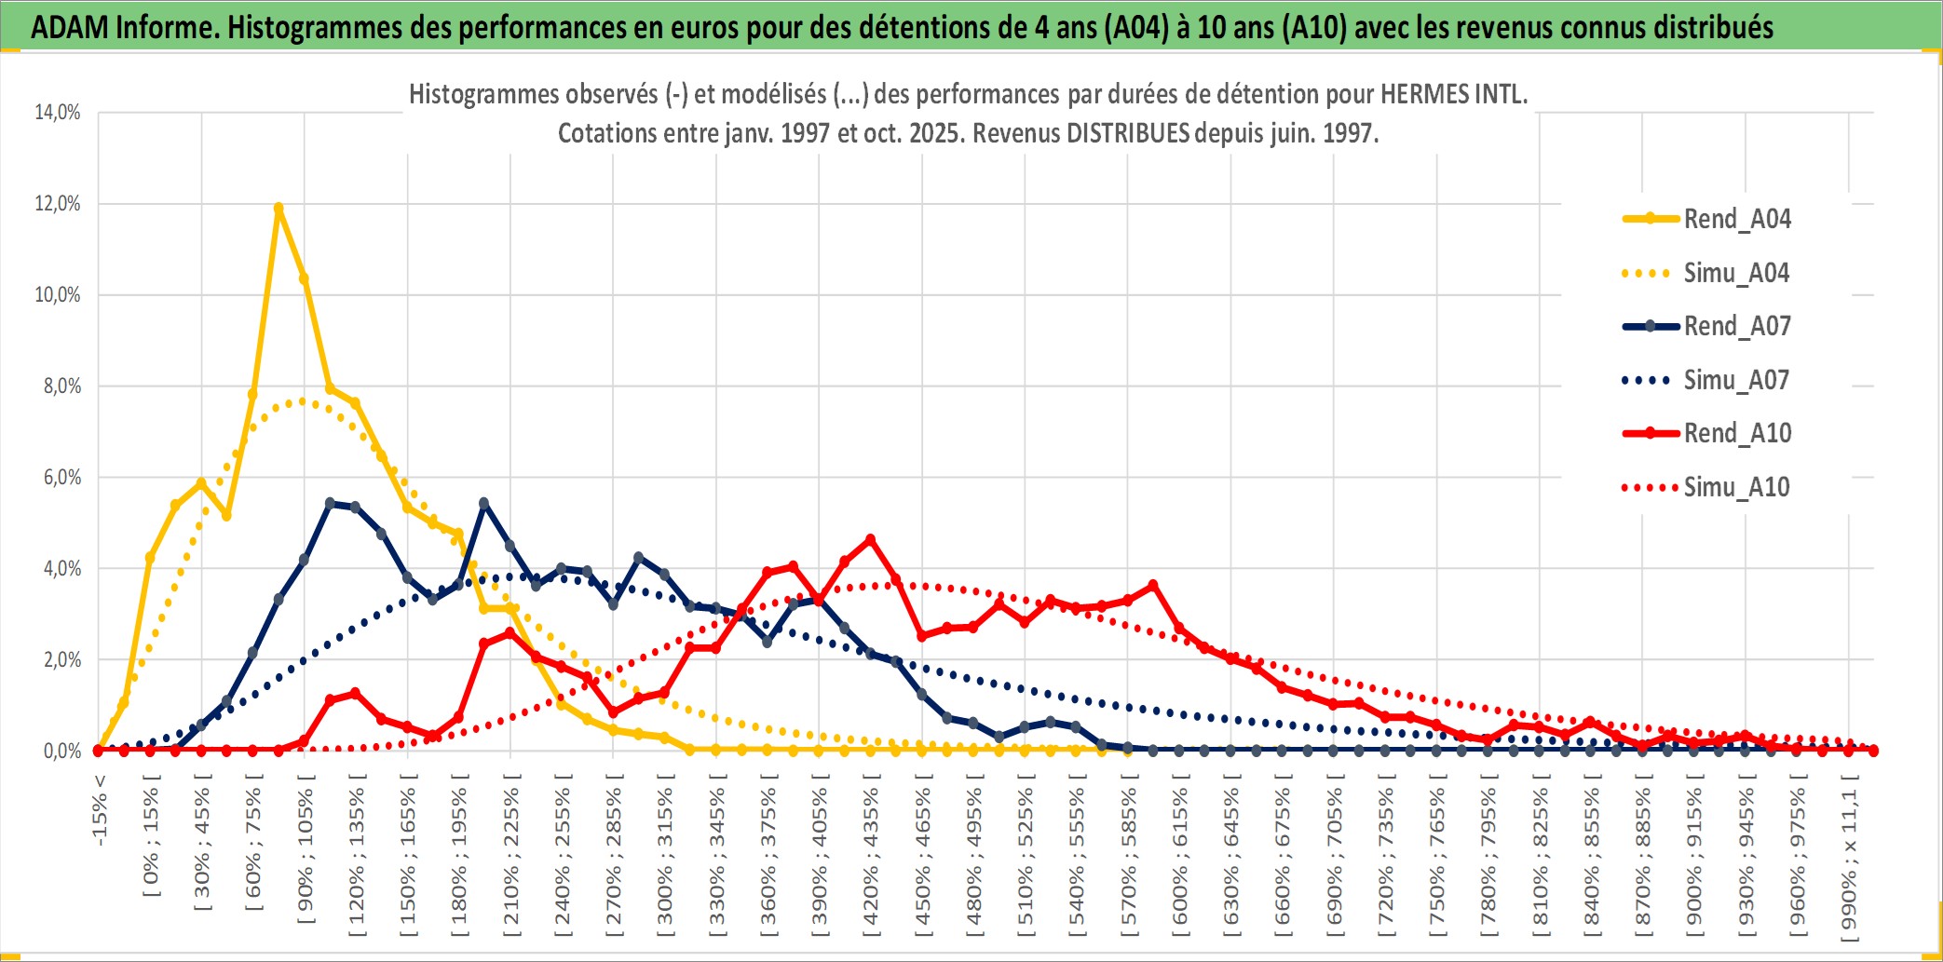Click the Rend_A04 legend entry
click(1736, 219)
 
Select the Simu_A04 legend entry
click(1736, 273)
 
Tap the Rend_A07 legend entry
click(1736, 326)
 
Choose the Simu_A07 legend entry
click(1736, 380)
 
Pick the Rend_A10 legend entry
click(1736, 433)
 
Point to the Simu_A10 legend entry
click(1736, 487)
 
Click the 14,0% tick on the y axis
click(58, 113)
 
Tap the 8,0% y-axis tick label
click(61, 386)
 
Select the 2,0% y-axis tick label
click(61, 660)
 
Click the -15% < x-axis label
click(100, 810)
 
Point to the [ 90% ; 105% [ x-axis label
click(306, 855)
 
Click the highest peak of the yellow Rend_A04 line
click(279, 209)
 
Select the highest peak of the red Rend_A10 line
click(870, 539)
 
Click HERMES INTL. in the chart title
click(1453, 94)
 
